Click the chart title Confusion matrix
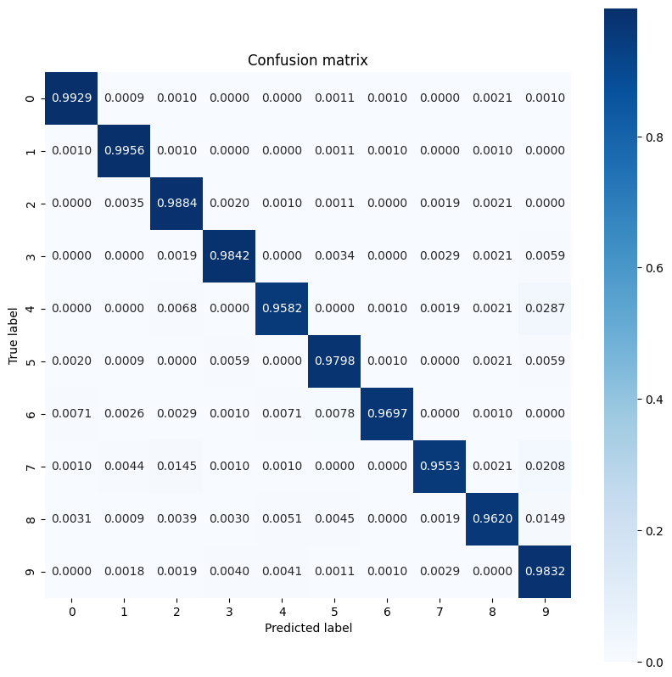click(307, 60)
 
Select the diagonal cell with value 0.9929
click(71, 98)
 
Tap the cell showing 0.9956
click(124, 150)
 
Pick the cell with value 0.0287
click(545, 309)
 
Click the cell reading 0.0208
click(545, 466)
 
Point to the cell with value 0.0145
click(176, 466)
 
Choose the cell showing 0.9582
click(282, 309)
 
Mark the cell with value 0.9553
click(440, 466)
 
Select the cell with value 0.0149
click(545, 518)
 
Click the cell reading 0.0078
click(334, 413)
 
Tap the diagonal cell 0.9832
click(545, 571)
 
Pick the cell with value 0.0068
click(176, 309)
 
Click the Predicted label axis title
click(308, 629)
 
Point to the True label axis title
click(14, 334)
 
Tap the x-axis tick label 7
click(440, 611)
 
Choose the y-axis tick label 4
click(31, 309)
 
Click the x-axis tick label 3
click(229, 611)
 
